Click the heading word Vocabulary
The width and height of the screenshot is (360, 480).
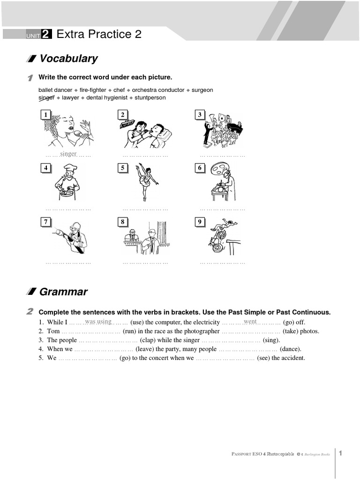point(68,59)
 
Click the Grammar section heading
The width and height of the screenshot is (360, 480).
point(63,292)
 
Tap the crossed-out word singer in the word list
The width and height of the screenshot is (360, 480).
point(46,98)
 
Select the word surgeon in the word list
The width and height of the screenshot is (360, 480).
point(202,90)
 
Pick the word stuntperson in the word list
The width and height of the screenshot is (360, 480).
point(150,98)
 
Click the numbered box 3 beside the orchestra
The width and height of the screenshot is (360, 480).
point(200,115)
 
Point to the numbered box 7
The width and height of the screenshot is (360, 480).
point(45,222)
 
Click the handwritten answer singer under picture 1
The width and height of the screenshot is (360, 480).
point(68,154)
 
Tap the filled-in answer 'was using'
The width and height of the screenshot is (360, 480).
point(98,322)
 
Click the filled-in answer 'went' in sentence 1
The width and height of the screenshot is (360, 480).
point(250,322)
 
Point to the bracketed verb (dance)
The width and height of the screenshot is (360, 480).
point(290,349)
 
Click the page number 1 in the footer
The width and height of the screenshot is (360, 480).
point(341,453)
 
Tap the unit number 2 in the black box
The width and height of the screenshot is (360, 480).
point(46,34)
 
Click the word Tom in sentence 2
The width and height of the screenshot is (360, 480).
point(53,331)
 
